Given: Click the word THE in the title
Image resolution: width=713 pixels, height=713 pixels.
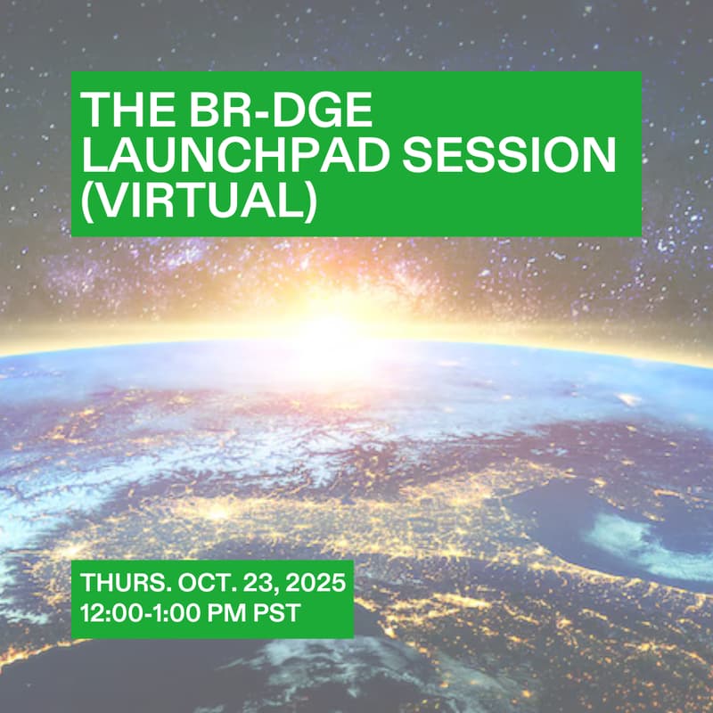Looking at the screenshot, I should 119,111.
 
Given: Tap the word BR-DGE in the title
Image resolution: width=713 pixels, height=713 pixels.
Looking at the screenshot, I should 267,111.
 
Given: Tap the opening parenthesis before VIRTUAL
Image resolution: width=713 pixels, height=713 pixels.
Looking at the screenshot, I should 89,201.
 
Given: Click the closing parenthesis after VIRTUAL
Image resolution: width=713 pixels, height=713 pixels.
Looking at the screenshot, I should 308,201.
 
